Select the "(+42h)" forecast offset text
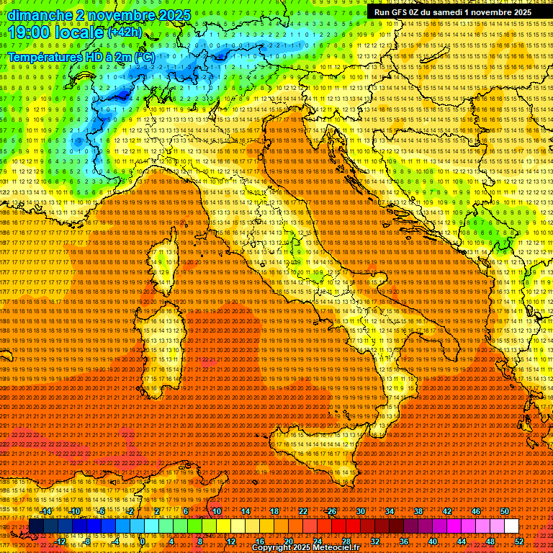pyautogui.click(x=125, y=32)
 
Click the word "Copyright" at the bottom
pyautogui.click(x=274, y=548)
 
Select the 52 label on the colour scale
pyautogui.click(x=519, y=541)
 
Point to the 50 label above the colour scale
pyautogui.click(x=505, y=511)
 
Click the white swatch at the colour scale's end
pyautogui.click(x=511, y=526)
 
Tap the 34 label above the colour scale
pyautogui.click(x=390, y=511)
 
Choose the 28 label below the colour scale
pyautogui.click(x=346, y=541)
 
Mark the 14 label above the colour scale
pyautogui.click(x=245, y=511)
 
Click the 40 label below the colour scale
pyautogui.click(x=433, y=541)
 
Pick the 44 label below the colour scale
pyautogui.click(x=462, y=541)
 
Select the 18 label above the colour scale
pyautogui.click(x=274, y=511)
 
